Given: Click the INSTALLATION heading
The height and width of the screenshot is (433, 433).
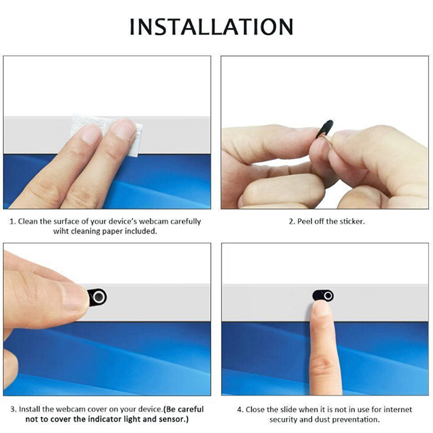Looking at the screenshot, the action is point(211,27).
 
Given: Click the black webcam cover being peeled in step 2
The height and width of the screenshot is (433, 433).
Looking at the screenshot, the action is point(325,128).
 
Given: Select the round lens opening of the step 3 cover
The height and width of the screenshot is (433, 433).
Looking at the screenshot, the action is point(99,297).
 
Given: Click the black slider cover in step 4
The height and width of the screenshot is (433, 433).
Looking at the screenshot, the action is point(323,296).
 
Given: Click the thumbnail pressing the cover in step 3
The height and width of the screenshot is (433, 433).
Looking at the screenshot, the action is point(75,297).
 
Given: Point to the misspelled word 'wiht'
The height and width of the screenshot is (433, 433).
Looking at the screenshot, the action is point(61,231).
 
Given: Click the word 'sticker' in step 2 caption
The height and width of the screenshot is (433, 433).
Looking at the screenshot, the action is point(351,221).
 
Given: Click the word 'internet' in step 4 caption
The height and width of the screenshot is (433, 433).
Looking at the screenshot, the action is point(398,409).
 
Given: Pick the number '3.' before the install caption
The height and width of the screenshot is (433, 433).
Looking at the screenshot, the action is point(14,409).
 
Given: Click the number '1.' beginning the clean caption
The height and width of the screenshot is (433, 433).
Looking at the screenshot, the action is point(12,221).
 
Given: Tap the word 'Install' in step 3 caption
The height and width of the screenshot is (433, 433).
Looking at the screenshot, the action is point(30,409).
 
